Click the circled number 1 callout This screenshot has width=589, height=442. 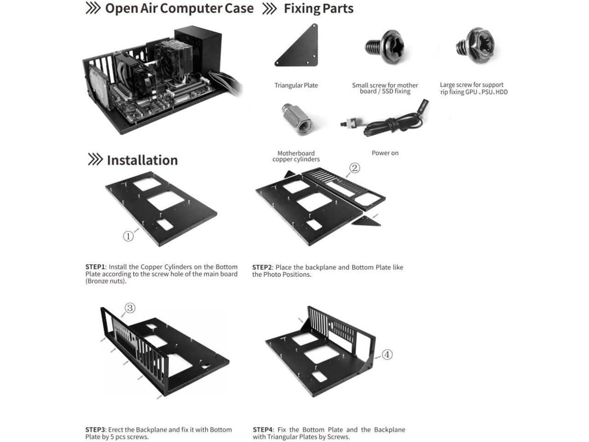pos(128,236)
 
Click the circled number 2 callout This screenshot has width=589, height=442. pos(354,168)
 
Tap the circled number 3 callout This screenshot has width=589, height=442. pos(130,308)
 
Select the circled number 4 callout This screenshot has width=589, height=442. pos(387,355)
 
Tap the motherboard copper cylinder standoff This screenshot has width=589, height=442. pos(296,119)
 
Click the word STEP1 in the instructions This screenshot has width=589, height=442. pos(95,267)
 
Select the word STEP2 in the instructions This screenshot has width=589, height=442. pos(262,268)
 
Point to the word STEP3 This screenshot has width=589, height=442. pos(95,430)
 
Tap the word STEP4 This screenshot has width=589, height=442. pos(263,430)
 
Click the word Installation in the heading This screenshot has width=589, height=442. pos(142,160)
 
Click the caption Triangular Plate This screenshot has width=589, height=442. pos(296,85)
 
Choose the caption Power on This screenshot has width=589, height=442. pos(385,153)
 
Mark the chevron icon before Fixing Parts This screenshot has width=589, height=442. pos(270,8)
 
